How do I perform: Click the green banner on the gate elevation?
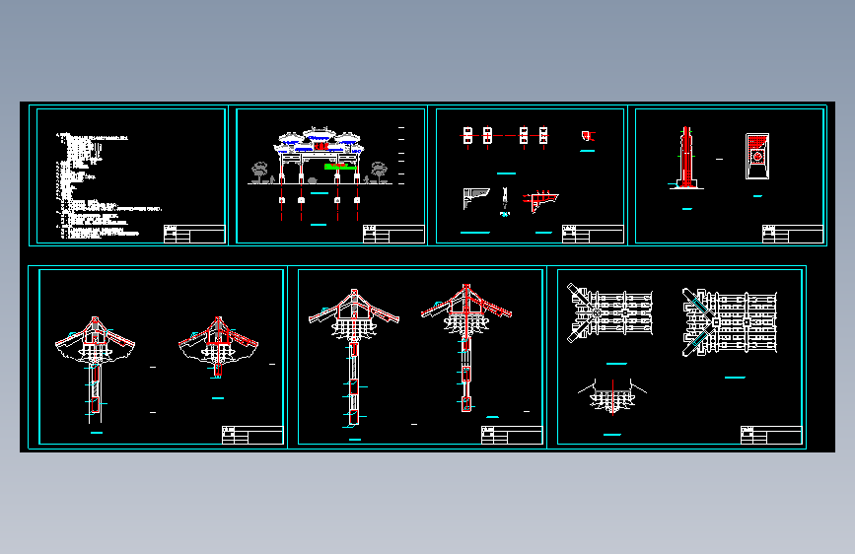pyautogui.click(x=339, y=167)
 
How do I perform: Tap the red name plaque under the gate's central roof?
pyautogui.click(x=318, y=148)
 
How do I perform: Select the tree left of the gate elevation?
pyautogui.click(x=260, y=171)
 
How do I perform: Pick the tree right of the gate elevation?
pyautogui.click(x=376, y=172)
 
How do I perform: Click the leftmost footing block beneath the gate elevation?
pyautogui.click(x=282, y=201)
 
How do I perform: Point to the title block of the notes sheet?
pyautogui.click(x=193, y=235)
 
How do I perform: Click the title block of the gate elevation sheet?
pyautogui.click(x=392, y=235)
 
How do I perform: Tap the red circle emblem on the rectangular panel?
pyautogui.click(x=757, y=156)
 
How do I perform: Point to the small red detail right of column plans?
pyautogui.click(x=588, y=135)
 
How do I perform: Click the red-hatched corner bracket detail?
pyautogui.click(x=537, y=201)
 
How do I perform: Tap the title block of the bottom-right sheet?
pyautogui.click(x=770, y=436)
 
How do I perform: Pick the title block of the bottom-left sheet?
pyautogui.click(x=251, y=436)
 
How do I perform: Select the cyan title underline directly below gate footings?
pyautogui.click(x=318, y=227)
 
